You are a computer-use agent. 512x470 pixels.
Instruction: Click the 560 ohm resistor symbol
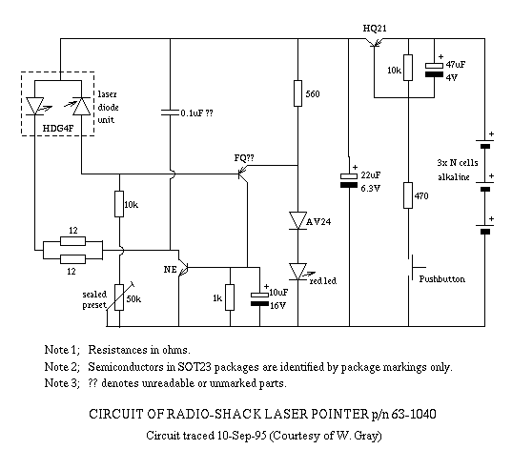pyautogui.click(x=297, y=93)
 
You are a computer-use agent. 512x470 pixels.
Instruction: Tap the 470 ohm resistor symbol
pyautogui.click(x=408, y=195)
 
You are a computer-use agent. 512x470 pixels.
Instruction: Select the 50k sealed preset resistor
pyautogui.click(x=119, y=297)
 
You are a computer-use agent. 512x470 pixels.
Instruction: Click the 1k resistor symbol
pyautogui.click(x=230, y=297)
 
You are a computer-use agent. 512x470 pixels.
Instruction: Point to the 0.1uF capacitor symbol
pyautogui.click(x=170, y=112)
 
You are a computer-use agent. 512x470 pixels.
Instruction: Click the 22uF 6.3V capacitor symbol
pyautogui.click(x=349, y=180)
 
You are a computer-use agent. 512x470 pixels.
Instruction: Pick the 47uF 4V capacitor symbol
pyautogui.click(x=434, y=70)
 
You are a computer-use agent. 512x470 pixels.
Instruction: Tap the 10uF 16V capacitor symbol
pyautogui.click(x=260, y=299)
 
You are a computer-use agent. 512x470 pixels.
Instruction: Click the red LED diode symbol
pyautogui.click(x=297, y=272)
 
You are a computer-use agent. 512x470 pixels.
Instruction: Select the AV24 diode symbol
pyautogui.click(x=297, y=220)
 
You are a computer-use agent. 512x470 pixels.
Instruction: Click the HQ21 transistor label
pyautogui.click(x=375, y=29)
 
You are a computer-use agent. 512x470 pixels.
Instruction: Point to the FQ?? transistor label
pyautogui.click(x=244, y=158)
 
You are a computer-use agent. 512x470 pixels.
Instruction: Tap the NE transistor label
pyautogui.click(x=170, y=269)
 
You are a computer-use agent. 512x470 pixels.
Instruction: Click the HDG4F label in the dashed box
pyautogui.click(x=58, y=129)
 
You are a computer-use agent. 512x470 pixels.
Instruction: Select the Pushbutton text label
pyautogui.click(x=442, y=279)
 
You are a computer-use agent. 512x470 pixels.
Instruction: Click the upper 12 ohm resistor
pyautogui.click(x=72, y=241)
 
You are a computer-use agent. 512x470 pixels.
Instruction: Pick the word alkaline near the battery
pyautogui.click(x=454, y=177)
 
